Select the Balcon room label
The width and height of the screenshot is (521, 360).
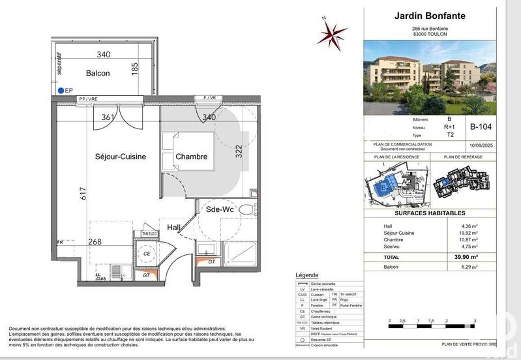click(x=98, y=73)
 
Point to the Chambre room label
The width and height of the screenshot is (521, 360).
click(x=191, y=157)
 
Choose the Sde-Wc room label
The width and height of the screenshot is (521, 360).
click(x=218, y=210)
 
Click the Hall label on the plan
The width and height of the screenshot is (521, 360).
click(x=174, y=228)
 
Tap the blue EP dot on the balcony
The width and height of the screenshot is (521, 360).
click(x=61, y=91)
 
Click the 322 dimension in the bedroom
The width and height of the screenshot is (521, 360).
click(x=239, y=151)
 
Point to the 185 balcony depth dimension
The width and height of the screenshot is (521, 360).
click(x=135, y=68)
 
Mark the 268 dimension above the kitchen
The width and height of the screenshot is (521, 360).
click(x=96, y=241)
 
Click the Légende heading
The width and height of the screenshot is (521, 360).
click(x=307, y=276)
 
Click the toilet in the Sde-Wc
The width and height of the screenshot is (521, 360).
click(x=245, y=209)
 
